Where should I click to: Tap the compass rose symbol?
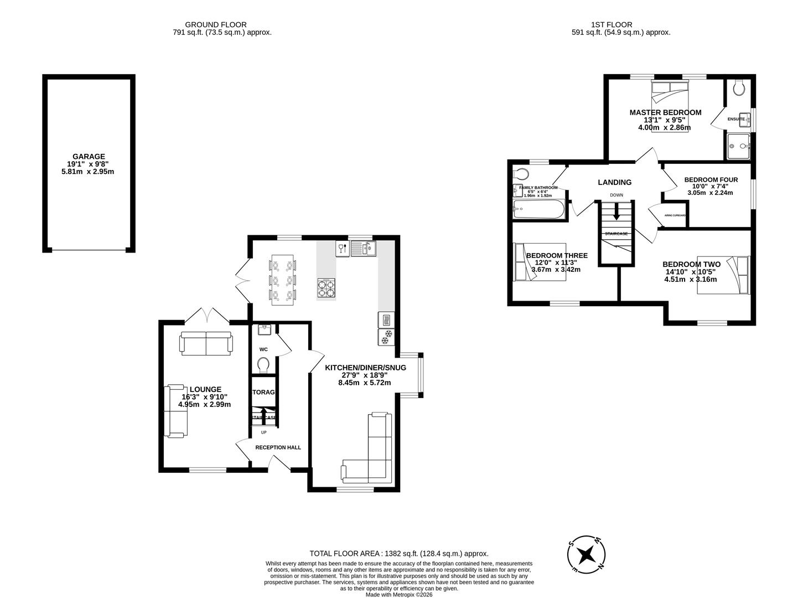click(x=585, y=554)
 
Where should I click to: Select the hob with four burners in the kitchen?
click(x=326, y=287)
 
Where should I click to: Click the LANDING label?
click(x=614, y=182)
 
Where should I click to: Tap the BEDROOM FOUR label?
click(x=711, y=180)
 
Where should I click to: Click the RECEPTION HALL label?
click(x=278, y=447)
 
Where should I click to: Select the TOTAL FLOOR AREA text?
click(x=398, y=553)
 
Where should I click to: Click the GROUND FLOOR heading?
click(x=216, y=24)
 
